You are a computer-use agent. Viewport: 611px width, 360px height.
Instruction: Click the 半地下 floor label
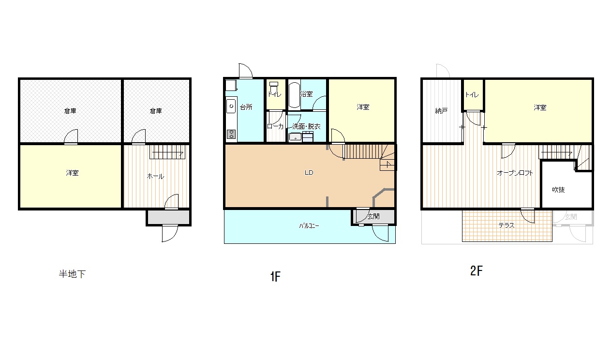pyautogui.click(x=72, y=274)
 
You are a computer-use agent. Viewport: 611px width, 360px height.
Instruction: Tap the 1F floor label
pyautogui.click(x=275, y=277)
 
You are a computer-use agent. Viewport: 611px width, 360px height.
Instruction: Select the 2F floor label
pyautogui.click(x=476, y=271)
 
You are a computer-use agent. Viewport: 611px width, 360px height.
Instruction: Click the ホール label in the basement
pyautogui.click(x=155, y=176)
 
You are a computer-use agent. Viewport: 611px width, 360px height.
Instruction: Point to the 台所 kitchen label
pyautogui.click(x=246, y=107)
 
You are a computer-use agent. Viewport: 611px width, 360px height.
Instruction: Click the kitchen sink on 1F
pyautogui.click(x=231, y=106)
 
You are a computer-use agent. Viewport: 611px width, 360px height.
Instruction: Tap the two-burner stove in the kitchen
pyautogui.click(x=231, y=134)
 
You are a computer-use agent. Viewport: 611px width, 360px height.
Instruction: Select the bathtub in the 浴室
pyautogui.click(x=294, y=95)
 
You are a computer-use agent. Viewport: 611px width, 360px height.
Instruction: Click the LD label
pyautogui.click(x=309, y=172)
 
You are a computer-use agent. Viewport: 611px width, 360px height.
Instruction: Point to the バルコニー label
pyautogui.click(x=309, y=226)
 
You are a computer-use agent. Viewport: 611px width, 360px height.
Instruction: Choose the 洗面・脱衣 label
pyautogui.click(x=306, y=126)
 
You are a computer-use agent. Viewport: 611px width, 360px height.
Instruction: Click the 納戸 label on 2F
pyautogui.click(x=441, y=111)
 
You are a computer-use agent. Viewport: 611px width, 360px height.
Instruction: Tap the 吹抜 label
pyautogui.click(x=558, y=190)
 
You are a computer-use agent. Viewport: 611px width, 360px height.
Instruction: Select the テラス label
pyautogui.click(x=507, y=225)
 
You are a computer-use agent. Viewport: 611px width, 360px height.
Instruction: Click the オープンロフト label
pyautogui.click(x=515, y=173)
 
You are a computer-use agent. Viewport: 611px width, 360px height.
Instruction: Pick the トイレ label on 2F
pyautogui.click(x=472, y=95)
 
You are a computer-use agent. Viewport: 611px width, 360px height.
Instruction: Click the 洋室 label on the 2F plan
pyautogui.click(x=540, y=107)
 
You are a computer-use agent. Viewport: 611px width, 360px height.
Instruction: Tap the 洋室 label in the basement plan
pyautogui.click(x=72, y=173)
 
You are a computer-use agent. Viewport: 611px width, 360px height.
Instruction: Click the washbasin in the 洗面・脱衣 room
pyautogui.click(x=295, y=137)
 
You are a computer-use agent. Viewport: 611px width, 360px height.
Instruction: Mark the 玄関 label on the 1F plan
pyautogui.click(x=373, y=216)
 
